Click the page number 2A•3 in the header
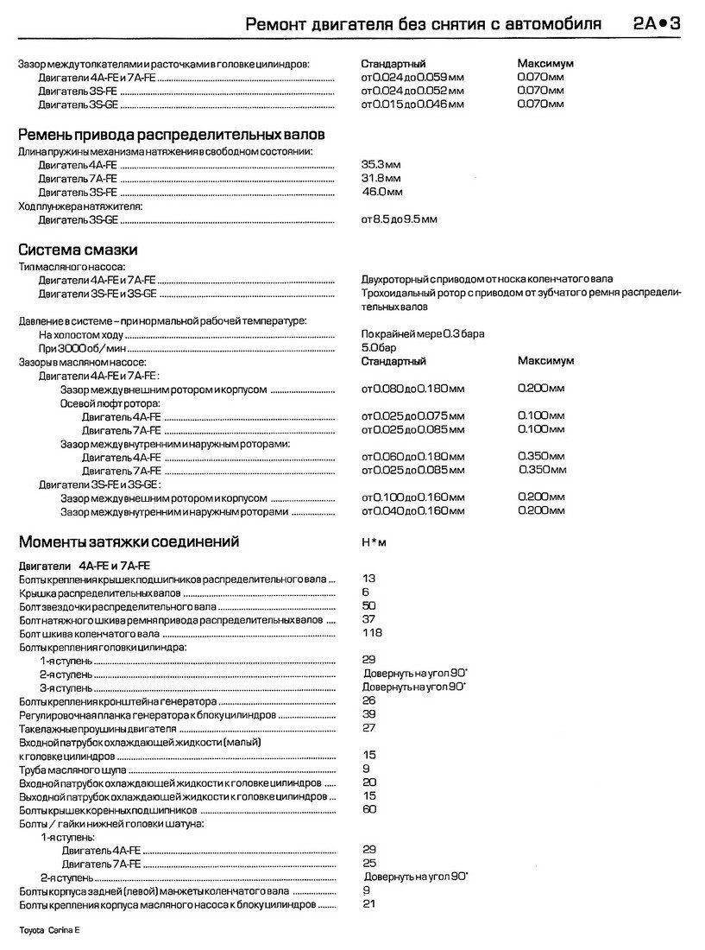coord(657,24)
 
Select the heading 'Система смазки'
coord(79,250)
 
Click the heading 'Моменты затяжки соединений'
coord(129,542)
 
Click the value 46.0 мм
coord(381,192)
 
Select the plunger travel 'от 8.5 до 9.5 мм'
coord(399,219)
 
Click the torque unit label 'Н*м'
coord(374,543)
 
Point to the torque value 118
coord(372,633)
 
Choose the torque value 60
coord(369,810)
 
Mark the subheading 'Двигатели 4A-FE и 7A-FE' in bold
coord(85,565)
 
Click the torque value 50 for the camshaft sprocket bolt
coord(369,606)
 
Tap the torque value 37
coord(369,620)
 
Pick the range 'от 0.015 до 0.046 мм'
coord(412,104)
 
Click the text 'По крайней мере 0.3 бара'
coord(422,333)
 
